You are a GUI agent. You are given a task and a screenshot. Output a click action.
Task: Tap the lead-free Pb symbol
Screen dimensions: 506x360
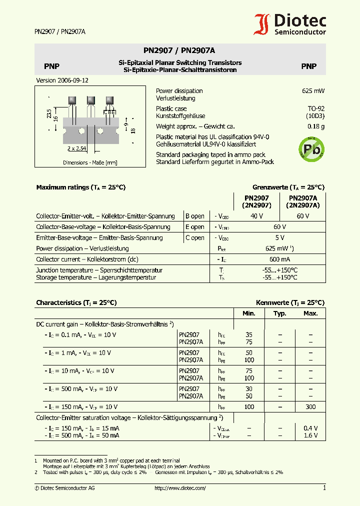(x=311, y=148)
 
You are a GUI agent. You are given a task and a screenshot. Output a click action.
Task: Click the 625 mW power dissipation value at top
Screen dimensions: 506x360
(x=313, y=91)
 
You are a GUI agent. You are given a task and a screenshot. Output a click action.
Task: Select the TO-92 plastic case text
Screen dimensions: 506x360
(x=315, y=108)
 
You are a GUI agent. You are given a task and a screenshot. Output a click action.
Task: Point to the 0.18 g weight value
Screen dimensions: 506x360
(x=316, y=126)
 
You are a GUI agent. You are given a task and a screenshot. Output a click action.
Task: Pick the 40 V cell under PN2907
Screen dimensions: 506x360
(x=256, y=216)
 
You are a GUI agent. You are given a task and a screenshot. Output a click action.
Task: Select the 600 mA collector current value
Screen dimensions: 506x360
(x=279, y=259)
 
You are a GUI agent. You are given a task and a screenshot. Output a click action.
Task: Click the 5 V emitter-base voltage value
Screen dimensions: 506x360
(x=279, y=237)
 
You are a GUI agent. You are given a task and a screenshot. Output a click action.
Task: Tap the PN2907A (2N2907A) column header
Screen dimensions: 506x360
(x=302, y=201)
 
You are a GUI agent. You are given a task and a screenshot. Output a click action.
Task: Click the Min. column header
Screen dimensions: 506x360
(x=248, y=313)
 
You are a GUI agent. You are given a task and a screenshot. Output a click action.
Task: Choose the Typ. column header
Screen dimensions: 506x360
(x=279, y=313)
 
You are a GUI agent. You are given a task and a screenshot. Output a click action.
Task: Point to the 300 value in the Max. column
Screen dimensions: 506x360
(x=310, y=407)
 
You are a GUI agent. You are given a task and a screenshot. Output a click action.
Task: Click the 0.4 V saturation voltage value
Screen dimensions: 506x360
(x=310, y=428)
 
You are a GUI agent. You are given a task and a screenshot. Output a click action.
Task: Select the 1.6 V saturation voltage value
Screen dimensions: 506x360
(x=310, y=435)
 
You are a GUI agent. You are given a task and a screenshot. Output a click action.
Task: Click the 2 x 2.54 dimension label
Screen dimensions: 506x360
(x=77, y=148)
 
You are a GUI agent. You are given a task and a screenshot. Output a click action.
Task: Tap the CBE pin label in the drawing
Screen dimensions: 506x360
(x=109, y=112)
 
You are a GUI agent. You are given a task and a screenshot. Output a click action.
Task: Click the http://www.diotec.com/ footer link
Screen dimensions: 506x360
(x=180, y=488)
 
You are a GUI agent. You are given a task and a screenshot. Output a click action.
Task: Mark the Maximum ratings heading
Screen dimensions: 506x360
(x=80, y=187)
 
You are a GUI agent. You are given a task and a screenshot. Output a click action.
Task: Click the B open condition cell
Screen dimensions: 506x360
(x=195, y=216)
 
